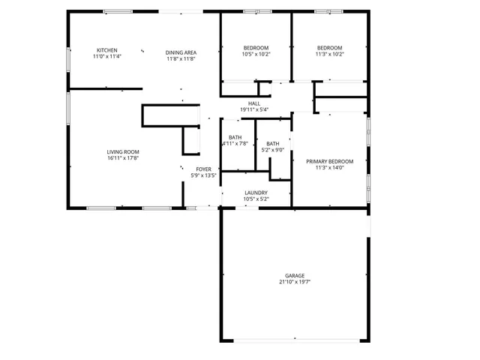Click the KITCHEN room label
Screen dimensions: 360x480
106,50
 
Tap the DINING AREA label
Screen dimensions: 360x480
181,52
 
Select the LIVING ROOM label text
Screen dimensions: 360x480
122,151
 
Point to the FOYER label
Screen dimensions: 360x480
204,169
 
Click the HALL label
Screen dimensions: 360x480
254,103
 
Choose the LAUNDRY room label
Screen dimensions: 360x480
256,193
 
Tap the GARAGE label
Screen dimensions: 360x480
294,276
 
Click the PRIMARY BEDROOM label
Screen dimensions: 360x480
329,161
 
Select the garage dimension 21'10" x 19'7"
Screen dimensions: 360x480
294,282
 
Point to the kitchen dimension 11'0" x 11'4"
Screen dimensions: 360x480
106,56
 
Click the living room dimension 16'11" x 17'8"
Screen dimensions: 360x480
122,157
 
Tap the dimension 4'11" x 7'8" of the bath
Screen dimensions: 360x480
235,143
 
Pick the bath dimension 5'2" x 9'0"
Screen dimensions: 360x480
272,149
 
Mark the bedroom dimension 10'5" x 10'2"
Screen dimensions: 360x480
256,54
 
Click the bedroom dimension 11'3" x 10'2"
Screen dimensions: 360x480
329,54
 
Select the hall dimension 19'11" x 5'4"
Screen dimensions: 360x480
254,109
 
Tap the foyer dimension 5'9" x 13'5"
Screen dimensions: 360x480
204,175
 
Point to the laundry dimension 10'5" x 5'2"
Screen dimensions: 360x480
256,199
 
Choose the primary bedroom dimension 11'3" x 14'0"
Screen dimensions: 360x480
329,167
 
